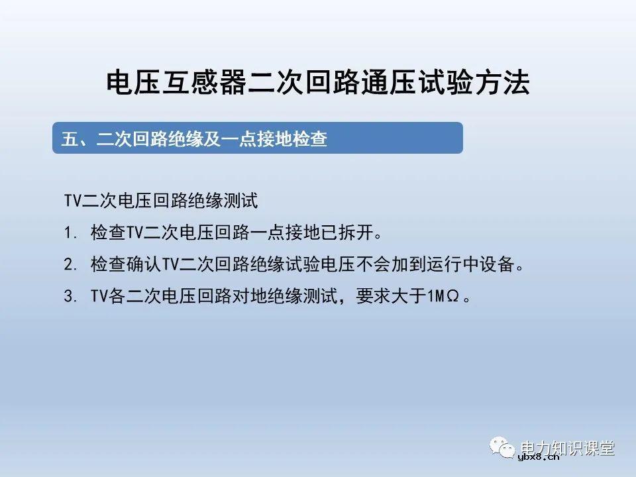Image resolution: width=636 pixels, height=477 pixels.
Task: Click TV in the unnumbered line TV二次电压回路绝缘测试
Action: click(x=72, y=201)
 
